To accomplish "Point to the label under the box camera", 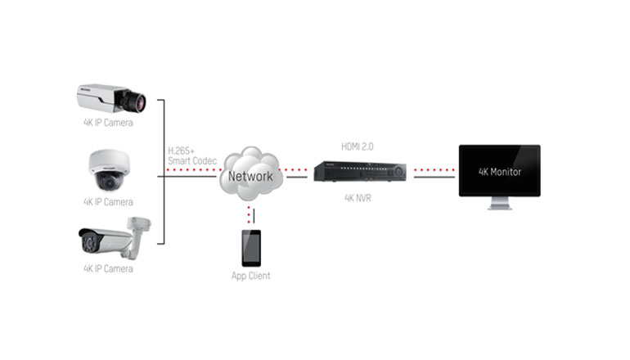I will tap(108, 124).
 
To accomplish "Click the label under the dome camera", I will tap(108, 201).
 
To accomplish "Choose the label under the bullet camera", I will tap(108, 268).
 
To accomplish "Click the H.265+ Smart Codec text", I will tap(191, 155).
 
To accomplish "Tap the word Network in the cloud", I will tap(250, 176).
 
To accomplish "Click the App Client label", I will tap(250, 276).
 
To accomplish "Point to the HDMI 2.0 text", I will tap(357, 146).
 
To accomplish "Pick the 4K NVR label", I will tap(357, 197).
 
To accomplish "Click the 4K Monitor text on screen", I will tap(499, 172).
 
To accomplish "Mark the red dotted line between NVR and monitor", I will tap(433, 173).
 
